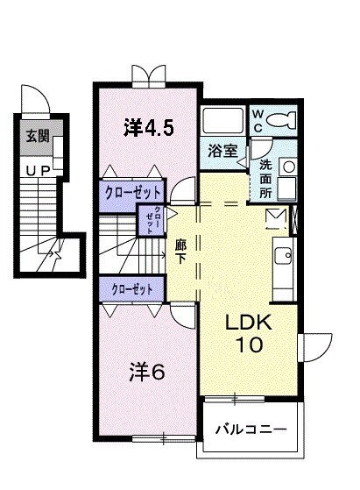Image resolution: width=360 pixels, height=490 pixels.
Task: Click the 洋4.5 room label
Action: click(149, 128)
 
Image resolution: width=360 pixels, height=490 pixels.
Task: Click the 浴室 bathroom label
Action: click(223, 150)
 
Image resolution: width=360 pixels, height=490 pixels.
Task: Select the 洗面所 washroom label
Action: click(265, 178)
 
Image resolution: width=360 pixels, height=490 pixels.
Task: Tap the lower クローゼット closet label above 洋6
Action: click(131, 288)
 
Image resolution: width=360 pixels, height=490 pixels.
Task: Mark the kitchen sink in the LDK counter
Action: click(284, 256)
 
